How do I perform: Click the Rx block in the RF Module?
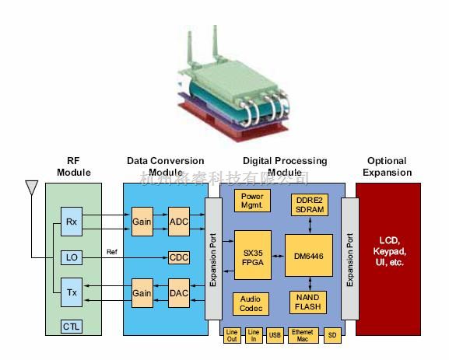(71, 222)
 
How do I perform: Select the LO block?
(71, 257)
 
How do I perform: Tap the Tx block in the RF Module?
(71, 292)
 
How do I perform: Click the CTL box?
(71, 327)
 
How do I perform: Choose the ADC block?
(179, 222)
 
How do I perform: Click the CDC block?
(179, 257)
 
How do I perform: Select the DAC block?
(179, 292)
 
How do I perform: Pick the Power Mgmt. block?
(252, 201)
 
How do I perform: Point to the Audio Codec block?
(251, 303)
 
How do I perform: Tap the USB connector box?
(274, 335)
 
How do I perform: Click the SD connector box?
(331, 335)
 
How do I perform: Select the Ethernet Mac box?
(302, 335)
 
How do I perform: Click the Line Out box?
(232, 335)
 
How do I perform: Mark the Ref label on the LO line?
(112, 251)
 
